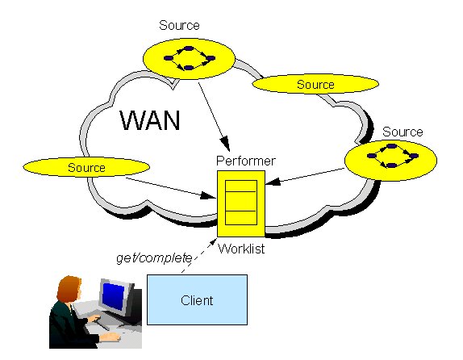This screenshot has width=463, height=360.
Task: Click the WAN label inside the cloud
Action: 150,120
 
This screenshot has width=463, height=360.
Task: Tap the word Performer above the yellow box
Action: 246,161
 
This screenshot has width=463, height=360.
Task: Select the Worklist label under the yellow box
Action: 241,249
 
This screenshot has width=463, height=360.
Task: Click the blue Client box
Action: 197,299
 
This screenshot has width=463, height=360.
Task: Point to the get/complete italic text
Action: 154,258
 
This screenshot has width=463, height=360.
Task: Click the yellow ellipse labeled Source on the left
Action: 86,167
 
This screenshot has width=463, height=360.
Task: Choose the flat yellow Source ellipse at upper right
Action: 315,84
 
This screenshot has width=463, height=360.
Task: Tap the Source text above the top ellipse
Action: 179,25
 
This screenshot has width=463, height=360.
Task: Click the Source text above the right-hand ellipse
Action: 403,132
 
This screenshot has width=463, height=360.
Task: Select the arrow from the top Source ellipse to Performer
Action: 214,116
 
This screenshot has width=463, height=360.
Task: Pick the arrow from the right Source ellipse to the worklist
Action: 304,176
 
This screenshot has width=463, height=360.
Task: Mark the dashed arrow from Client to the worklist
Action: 199,255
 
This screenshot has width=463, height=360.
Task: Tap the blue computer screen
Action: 114,293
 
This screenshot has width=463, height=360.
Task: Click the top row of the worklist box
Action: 241,186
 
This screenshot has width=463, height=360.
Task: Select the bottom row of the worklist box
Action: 241,218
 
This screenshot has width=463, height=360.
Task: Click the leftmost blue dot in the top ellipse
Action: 168,58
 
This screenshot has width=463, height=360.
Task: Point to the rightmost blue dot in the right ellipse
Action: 414,156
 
